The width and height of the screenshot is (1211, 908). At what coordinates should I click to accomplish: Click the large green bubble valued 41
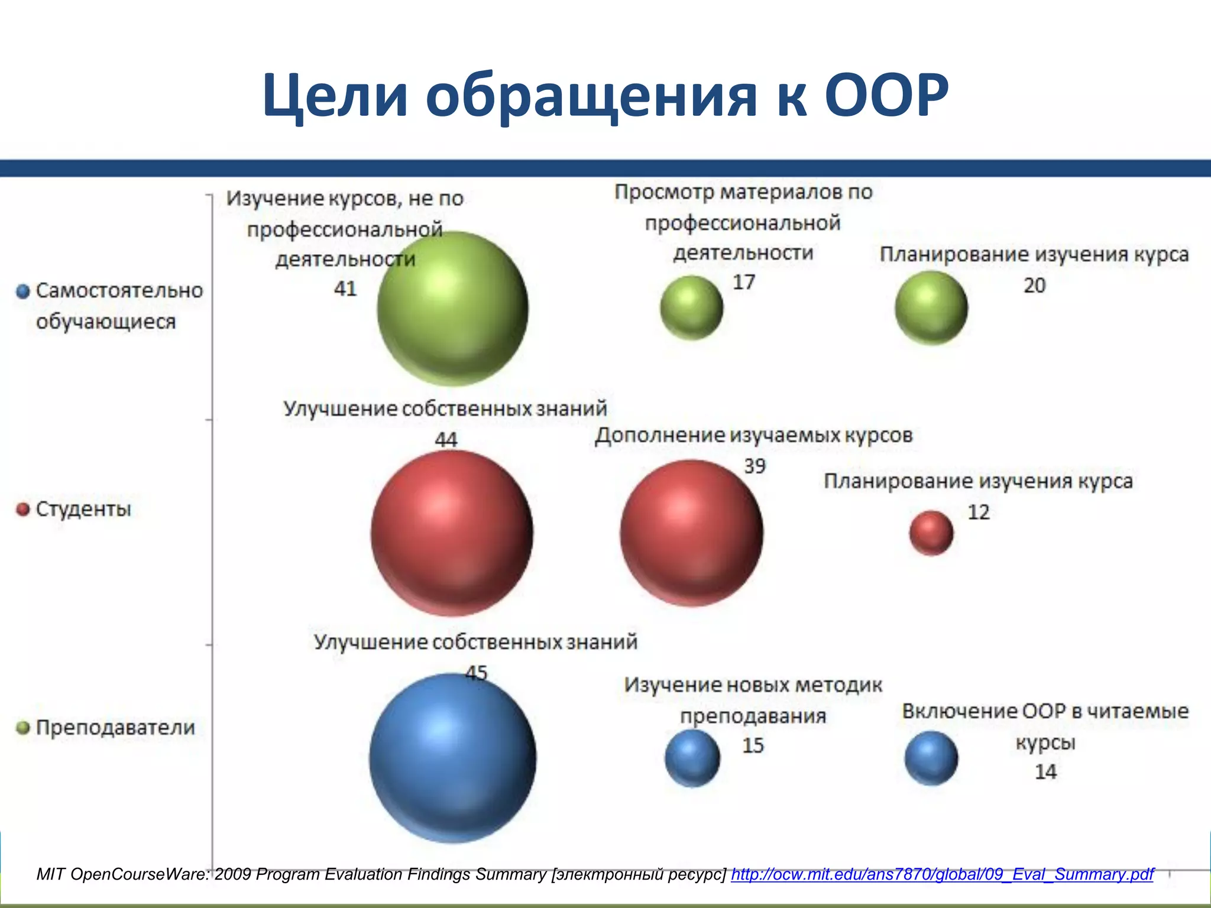[452, 309]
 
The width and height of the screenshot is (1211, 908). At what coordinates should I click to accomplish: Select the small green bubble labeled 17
[691, 308]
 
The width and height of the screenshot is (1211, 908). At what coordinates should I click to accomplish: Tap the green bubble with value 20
[931, 308]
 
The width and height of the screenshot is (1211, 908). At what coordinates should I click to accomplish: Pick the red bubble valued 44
[452, 533]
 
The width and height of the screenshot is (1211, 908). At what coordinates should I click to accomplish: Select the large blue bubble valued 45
[452, 758]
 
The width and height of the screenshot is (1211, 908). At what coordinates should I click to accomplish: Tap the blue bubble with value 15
[692, 758]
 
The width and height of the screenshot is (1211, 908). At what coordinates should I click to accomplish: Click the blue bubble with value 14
[931, 758]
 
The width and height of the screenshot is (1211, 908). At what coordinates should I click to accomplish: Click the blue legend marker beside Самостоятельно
[23, 291]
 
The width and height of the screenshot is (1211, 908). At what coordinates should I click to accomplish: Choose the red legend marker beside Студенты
[23, 510]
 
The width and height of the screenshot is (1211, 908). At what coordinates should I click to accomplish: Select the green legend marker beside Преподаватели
[23, 728]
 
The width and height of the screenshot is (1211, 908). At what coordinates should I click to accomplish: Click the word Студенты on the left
[83, 509]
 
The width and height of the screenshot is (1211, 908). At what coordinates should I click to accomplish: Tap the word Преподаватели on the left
[115, 727]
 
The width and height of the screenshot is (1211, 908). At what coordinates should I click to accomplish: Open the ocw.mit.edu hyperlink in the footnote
[942, 874]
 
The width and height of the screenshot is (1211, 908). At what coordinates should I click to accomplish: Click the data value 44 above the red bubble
[446, 439]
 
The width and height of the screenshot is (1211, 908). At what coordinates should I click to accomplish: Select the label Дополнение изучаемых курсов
[753, 435]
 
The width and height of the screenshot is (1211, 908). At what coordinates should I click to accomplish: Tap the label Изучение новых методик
[753, 685]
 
